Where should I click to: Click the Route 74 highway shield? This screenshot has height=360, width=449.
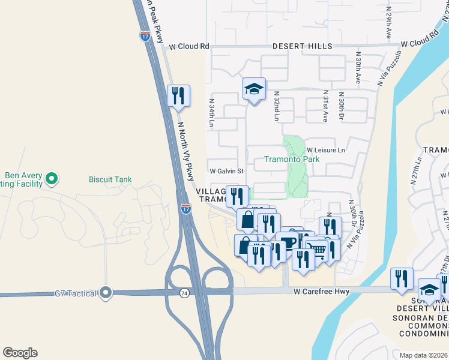[x=184, y=292]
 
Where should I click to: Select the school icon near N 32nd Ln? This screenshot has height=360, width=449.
[x=254, y=89]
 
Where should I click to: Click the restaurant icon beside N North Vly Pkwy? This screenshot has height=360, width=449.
[x=178, y=96]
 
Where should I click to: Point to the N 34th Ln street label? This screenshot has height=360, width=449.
[x=212, y=112]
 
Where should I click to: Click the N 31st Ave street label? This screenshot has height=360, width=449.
[x=326, y=103]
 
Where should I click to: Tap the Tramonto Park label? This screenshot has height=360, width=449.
[x=292, y=159]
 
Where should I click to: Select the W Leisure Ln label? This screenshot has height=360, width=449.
[x=326, y=150]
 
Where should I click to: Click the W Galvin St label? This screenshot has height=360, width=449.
[x=226, y=171]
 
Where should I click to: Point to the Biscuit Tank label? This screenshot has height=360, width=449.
[x=110, y=179]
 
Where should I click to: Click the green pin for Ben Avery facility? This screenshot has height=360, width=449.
[x=52, y=178]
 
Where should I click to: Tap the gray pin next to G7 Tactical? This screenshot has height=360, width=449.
[x=106, y=293]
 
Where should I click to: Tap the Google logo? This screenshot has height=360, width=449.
[x=20, y=353]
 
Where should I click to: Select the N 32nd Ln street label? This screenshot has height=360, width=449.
[x=277, y=106]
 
